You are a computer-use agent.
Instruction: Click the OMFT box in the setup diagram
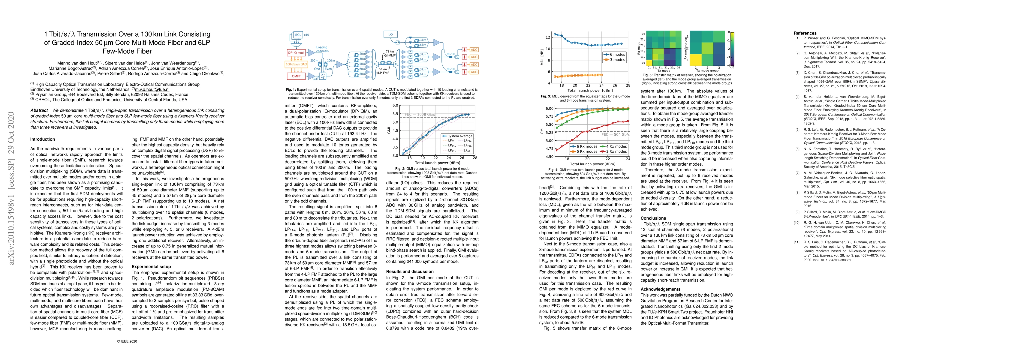tap(297, 76)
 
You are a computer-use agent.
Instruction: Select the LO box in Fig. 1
tap(390, 34)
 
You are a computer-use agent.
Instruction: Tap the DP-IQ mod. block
tap(296, 52)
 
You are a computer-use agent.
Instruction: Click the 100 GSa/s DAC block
tap(297, 64)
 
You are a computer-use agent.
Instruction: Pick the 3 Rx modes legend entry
tap(613, 151)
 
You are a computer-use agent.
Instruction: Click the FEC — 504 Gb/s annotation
tap(615, 134)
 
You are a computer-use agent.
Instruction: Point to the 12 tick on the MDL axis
tap(548, 37)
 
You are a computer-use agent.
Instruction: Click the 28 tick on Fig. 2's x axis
tap(474, 158)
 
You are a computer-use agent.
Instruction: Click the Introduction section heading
tap(43, 139)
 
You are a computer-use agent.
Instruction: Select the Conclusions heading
tap(653, 218)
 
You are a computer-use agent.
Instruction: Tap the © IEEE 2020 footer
tap(127, 341)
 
